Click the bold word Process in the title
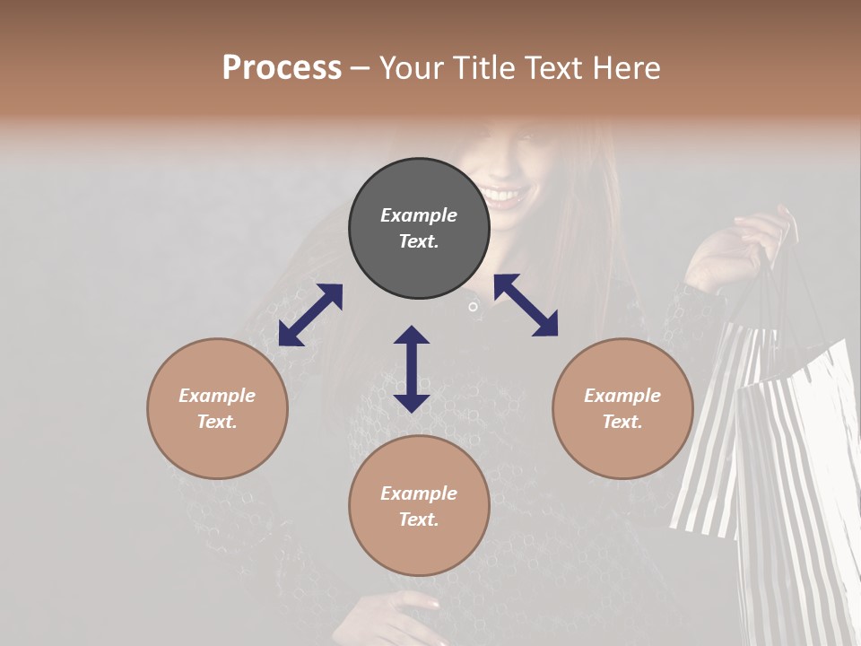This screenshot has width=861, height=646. [x=282, y=68]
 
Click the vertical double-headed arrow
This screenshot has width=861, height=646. [x=412, y=369]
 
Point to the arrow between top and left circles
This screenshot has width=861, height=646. [x=310, y=315]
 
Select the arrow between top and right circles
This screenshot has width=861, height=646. [x=526, y=305]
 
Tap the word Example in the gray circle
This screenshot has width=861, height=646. [x=419, y=215]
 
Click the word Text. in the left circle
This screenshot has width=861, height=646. [x=217, y=422]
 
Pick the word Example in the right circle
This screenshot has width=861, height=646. [x=622, y=396]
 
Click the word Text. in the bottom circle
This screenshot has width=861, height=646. [x=419, y=519]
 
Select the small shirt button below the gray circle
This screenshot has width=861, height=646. [x=473, y=308]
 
